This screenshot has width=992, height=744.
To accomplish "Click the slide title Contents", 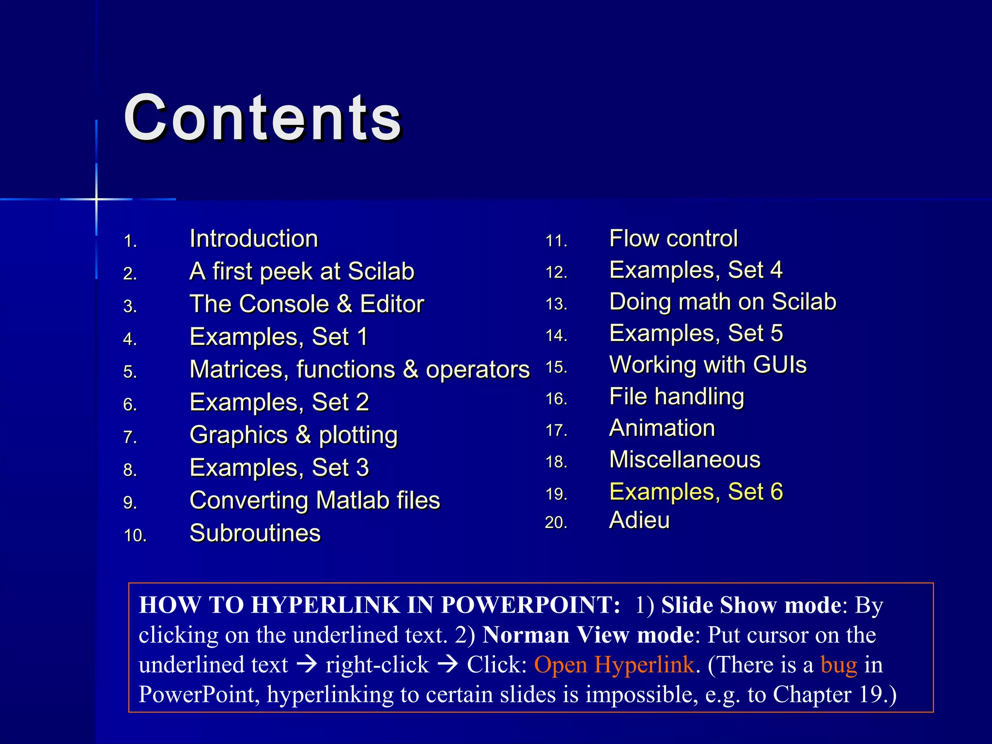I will (x=263, y=118).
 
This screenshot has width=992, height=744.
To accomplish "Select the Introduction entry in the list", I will (x=254, y=239).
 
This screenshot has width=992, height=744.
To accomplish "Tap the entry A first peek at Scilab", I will (x=302, y=271).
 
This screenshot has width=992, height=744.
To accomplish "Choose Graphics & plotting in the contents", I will (x=294, y=435).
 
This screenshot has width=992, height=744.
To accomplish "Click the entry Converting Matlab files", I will (x=315, y=500).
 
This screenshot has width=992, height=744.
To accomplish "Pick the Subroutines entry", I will (x=255, y=533).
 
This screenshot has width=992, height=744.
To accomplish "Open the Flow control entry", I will (x=673, y=238).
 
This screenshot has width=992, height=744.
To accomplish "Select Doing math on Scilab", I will (x=723, y=302).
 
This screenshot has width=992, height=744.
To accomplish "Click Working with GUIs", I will (x=708, y=365).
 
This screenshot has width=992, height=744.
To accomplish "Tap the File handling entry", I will (x=677, y=397).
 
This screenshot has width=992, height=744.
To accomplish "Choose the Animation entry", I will (x=662, y=428).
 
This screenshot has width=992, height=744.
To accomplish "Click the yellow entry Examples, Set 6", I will (x=696, y=492).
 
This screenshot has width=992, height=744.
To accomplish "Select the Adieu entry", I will (x=639, y=520).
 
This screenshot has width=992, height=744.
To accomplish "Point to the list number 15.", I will (x=556, y=367).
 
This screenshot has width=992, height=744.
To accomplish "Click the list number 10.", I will (x=135, y=536).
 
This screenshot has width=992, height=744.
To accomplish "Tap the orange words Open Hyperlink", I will (x=614, y=665).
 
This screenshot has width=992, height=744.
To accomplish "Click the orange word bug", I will (x=838, y=665).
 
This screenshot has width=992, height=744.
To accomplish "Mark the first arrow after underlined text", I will (x=307, y=665).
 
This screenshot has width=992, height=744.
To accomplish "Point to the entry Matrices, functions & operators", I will (x=359, y=370).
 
